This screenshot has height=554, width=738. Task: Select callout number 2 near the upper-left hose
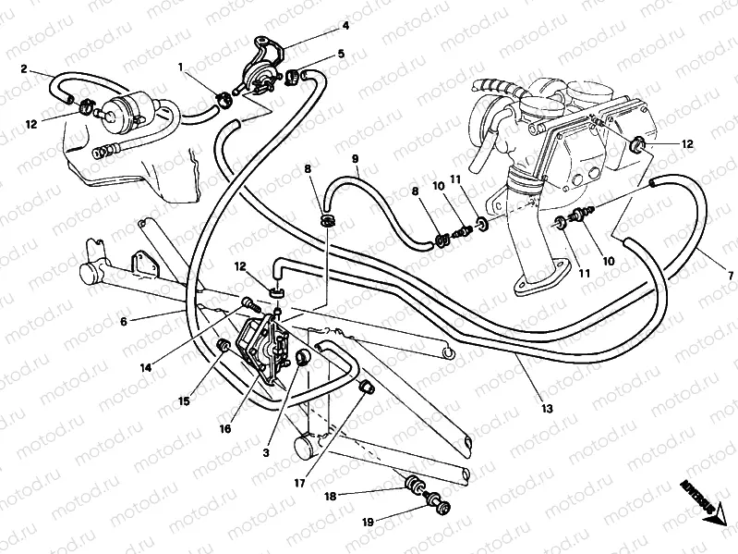click(x=25, y=68)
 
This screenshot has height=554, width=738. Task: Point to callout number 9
click(x=355, y=159)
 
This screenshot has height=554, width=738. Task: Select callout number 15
click(x=185, y=401)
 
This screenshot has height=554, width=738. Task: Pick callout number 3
click(x=266, y=451)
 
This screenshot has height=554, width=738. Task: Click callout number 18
click(x=329, y=495)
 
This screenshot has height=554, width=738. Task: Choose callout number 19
click(x=367, y=523)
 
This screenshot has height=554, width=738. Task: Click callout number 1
click(x=182, y=67)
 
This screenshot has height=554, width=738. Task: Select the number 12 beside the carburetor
click(x=686, y=144)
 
